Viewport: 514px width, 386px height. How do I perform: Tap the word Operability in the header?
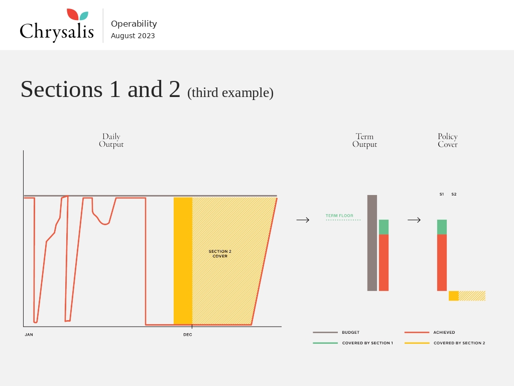click(x=134, y=24)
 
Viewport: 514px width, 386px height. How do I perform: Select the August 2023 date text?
click(x=133, y=36)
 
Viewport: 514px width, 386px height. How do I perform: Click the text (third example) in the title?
click(x=230, y=93)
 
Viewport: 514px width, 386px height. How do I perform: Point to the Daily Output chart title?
click(x=111, y=141)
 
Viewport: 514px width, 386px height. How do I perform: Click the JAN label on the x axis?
click(x=29, y=335)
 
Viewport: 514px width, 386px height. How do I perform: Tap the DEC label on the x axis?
click(x=188, y=335)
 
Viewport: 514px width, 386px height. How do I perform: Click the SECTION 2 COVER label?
click(x=220, y=254)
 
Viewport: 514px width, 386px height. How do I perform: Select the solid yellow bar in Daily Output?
click(x=183, y=261)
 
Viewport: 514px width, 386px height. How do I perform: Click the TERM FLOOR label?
click(x=339, y=216)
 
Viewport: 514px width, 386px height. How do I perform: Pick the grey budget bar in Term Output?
click(x=372, y=243)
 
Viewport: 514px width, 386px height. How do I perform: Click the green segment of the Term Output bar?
click(x=384, y=227)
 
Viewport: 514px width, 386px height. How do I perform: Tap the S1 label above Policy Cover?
click(x=442, y=195)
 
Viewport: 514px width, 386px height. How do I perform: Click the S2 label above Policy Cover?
click(x=454, y=195)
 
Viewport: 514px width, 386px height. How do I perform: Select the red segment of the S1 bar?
click(x=442, y=262)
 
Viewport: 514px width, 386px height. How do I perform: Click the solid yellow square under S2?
click(x=454, y=296)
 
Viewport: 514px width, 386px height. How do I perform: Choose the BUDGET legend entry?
click(x=336, y=333)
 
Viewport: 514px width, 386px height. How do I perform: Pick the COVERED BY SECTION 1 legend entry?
click(x=353, y=343)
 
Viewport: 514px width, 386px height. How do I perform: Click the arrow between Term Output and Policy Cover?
click(x=414, y=220)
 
